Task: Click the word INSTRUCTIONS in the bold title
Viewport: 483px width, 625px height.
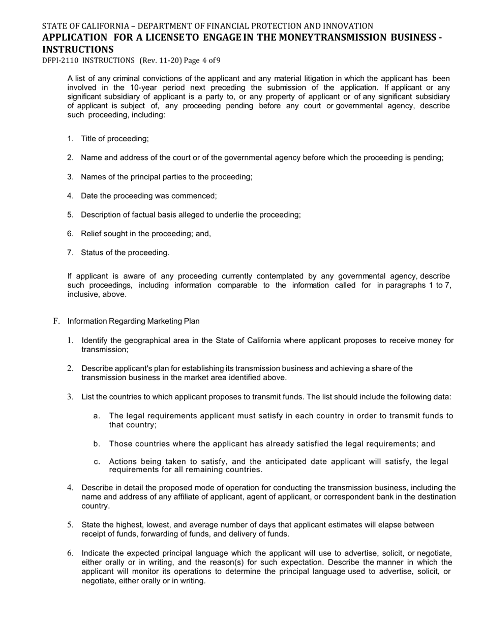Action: pos(78,49)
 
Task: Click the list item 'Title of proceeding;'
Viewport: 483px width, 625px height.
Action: pos(115,139)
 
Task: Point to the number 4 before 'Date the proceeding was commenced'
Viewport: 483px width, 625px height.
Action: pos(70,196)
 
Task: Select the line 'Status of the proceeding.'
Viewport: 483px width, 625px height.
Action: pos(125,253)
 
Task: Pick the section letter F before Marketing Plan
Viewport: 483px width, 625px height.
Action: pos(56,321)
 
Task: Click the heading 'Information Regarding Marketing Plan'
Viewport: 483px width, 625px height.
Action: pos(133,321)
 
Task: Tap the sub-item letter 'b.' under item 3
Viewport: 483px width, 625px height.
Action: pos(97,444)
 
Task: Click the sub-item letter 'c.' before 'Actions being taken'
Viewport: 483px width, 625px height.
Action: pos(97,461)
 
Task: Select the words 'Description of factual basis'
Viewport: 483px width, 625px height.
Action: pos(130,215)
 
